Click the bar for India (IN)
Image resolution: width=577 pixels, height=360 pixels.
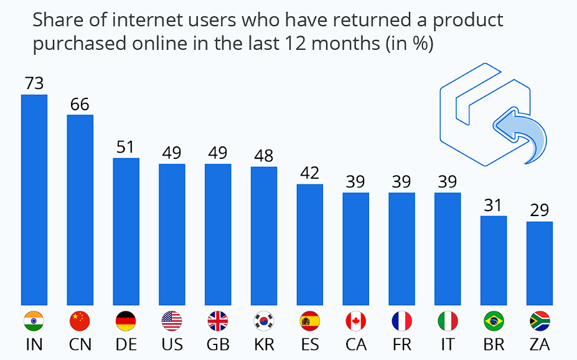34,199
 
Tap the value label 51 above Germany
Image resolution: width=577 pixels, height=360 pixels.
126,147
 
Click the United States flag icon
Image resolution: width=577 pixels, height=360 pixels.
172,321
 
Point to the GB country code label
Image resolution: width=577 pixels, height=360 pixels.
218,344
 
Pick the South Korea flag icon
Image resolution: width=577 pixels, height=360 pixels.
264,321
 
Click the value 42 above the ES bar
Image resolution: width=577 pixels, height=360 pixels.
310,173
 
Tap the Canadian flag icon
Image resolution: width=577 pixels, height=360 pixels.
355,321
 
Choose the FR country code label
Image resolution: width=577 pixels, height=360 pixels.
401,344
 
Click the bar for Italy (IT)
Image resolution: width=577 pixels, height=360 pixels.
448,249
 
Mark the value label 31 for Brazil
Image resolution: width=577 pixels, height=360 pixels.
494,205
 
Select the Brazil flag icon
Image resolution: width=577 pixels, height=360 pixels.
494,321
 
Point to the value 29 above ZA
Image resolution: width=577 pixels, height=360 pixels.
540,210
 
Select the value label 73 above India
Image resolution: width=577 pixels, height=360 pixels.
34,83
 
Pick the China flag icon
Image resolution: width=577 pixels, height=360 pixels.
80,321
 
